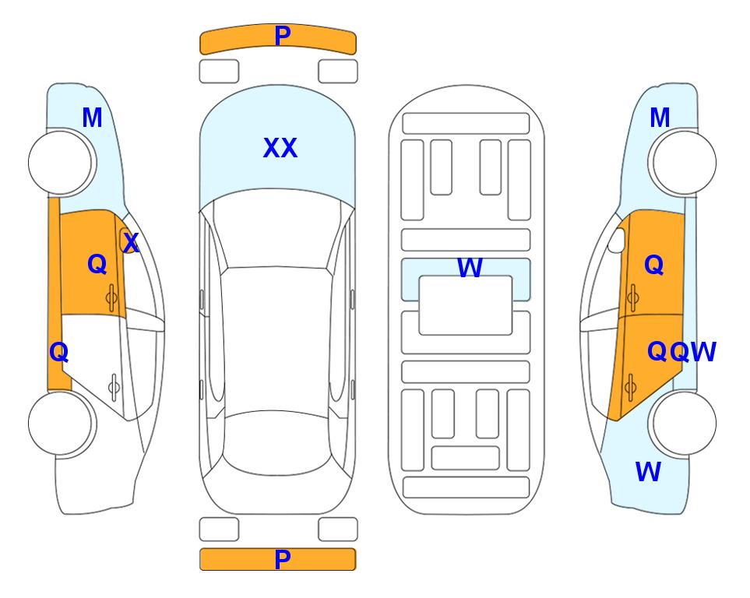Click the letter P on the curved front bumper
click(x=283, y=35)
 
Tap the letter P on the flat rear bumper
click(x=283, y=559)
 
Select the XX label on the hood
click(x=280, y=148)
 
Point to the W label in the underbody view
click(x=470, y=267)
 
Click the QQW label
click(x=681, y=352)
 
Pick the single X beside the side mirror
click(x=131, y=243)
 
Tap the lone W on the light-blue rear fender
click(x=648, y=472)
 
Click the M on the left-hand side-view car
click(x=92, y=118)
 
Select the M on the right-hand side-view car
click(x=660, y=118)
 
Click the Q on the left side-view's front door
click(x=97, y=264)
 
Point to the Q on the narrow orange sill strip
click(x=59, y=352)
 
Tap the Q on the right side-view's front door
click(x=654, y=265)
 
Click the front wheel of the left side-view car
click(x=61, y=163)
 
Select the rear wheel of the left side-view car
click(x=61, y=423)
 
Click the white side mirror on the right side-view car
click(x=617, y=240)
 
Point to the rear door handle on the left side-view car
click(x=114, y=387)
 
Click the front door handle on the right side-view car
click(x=632, y=297)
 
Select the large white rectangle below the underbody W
click(x=466, y=305)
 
